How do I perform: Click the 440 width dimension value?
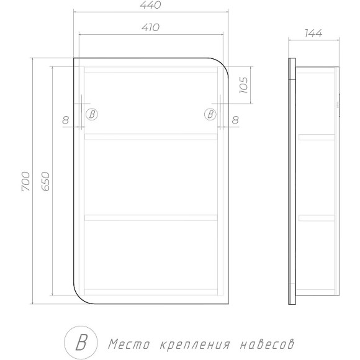pyautogui.click(x=150, y=5)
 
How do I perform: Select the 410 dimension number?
pyautogui.click(x=150, y=27)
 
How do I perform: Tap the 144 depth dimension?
pyautogui.click(x=313, y=34)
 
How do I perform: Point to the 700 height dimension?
pyautogui.click(x=25, y=181)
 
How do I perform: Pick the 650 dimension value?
pyautogui.click(x=45, y=181)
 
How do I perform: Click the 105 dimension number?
pyautogui.click(x=244, y=85)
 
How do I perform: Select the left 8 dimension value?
pyautogui.click(x=66, y=120)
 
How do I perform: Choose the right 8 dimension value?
pyautogui.click(x=235, y=120)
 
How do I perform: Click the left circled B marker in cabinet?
pyautogui.click(x=92, y=114)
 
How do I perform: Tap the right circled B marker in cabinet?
pyautogui.click(x=210, y=114)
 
